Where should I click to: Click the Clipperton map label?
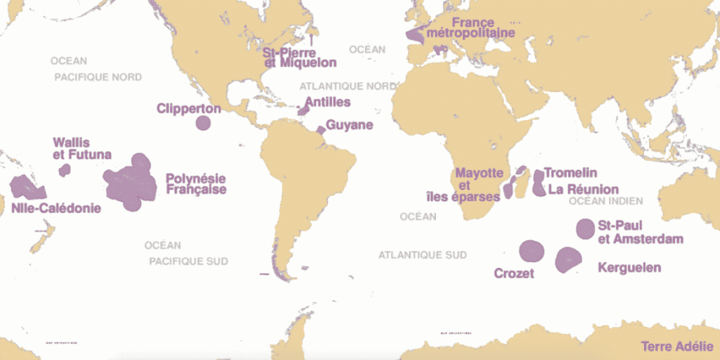click(188, 109)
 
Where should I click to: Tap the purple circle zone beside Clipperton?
click(203, 123)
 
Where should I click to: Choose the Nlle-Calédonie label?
click(56, 208)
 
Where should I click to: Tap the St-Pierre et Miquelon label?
click(299, 57)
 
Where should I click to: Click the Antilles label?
click(328, 102)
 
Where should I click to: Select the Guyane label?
click(349, 124)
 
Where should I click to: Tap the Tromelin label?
click(570, 173)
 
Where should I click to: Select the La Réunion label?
click(584, 189)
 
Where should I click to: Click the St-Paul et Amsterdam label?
click(640, 233)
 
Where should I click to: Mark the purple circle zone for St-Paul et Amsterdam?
click(585, 228)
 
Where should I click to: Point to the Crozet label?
click(514, 273)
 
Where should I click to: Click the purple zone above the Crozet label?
click(532, 250)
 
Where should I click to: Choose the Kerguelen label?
click(629, 267)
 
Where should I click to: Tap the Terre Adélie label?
click(677, 347)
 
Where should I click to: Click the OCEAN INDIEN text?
click(605, 201)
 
